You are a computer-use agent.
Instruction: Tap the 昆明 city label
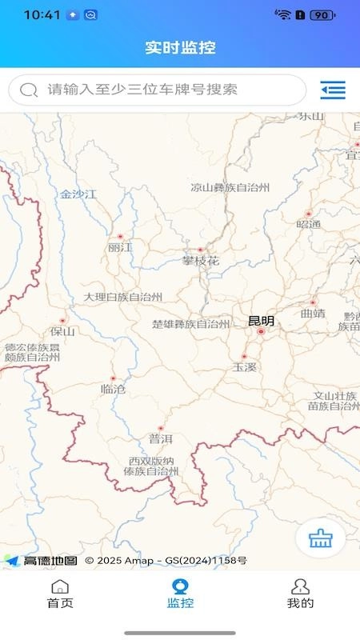tap(261, 321)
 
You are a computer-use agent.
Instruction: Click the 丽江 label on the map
tap(120, 248)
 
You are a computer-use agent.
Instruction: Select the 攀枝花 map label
tap(200, 261)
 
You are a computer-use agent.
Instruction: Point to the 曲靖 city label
tap(313, 314)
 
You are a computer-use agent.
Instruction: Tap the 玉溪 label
tap(244, 367)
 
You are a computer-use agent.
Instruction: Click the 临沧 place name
tap(113, 389)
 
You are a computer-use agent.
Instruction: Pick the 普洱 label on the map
tap(160, 438)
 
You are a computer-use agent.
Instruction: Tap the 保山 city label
tap(62, 331)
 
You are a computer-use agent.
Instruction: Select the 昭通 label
tap(308, 224)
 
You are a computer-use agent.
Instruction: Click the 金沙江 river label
tap(78, 194)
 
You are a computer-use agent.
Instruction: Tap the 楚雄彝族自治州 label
tap(190, 324)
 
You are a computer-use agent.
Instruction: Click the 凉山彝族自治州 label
tap(230, 188)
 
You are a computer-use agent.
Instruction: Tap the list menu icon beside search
tap(333, 90)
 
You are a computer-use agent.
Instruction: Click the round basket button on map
tap(320, 538)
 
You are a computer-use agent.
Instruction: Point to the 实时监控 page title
tap(180, 47)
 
